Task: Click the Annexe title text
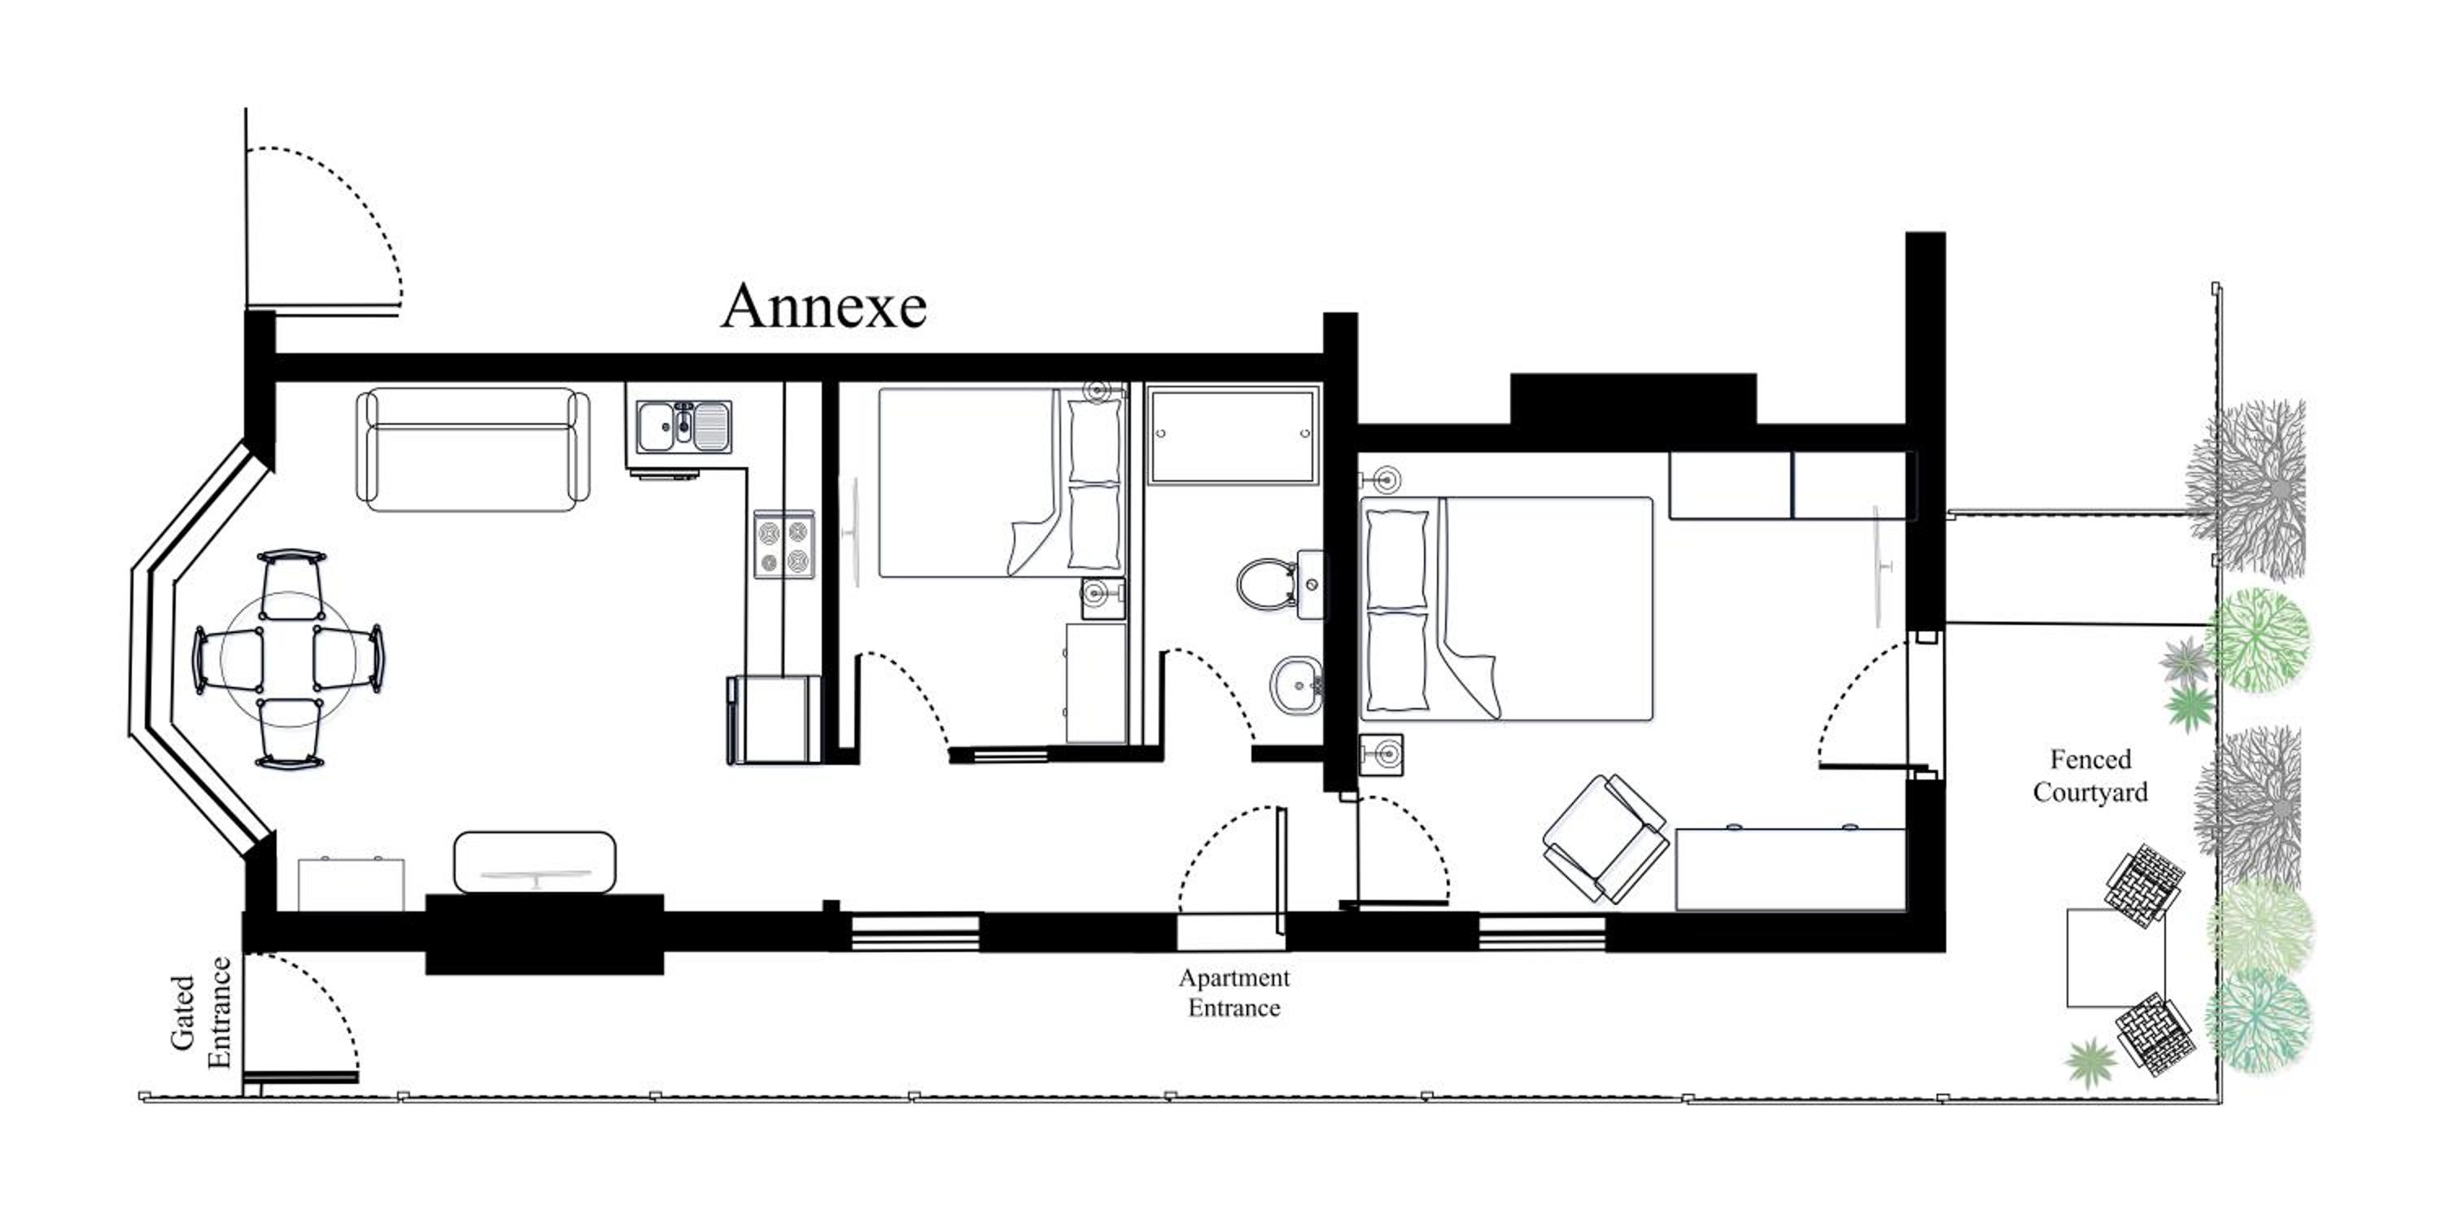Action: click(x=823, y=306)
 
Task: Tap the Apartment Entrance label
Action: click(x=1234, y=992)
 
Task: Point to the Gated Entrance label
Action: click(x=200, y=1012)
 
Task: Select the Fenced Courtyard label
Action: click(x=2089, y=775)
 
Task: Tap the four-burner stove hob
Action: click(x=784, y=545)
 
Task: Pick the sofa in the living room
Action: click(x=472, y=450)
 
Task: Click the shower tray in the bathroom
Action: click(x=1232, y=435)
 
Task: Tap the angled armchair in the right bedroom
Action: click(x=1605, y=838)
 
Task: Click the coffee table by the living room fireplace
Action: click(x=535, y=862)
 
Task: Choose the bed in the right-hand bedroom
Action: click(x=1507, y=609)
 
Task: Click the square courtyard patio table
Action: click(x=2115, y=957)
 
